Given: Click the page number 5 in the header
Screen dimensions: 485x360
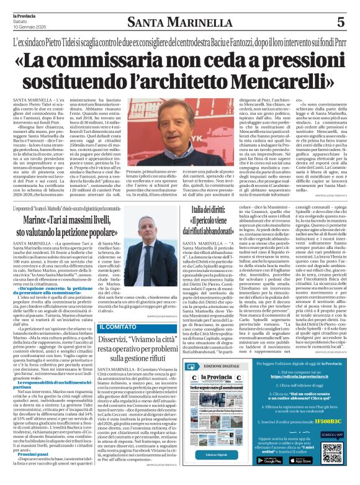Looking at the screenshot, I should point(340,20).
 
